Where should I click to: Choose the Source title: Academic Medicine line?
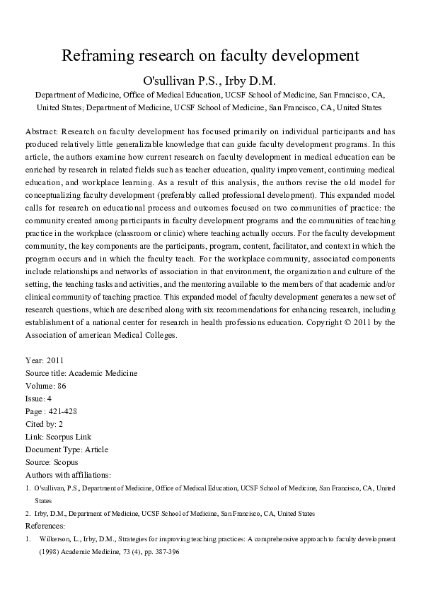[81, 373]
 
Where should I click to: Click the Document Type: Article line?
[67, 449]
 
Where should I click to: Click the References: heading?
[45, 526]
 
